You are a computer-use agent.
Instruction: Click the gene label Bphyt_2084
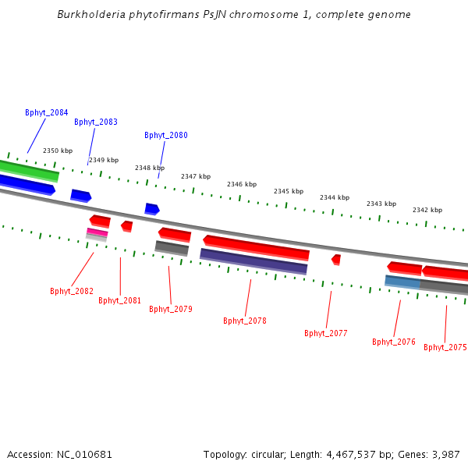pyautogui.click(x=46, y=112)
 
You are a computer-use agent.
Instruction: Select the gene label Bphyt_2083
pyautogui.click(x=96, y=122)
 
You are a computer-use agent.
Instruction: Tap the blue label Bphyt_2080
pyautogui.click(x=166, y=135)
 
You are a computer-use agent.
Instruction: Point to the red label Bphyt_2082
pyautogui.click(x=72, y=291)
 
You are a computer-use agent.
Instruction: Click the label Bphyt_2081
pyautogui.click(x=119, y=300)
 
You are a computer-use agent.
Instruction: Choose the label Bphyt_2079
pyautogui.click(x=171, y=309)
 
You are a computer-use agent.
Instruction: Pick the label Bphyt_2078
pyautogui.click(x=245, y=321)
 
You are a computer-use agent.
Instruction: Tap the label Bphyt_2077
pyautogui.click(x=326, y=333)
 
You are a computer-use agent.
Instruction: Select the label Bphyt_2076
pyautogui.click(x=394, y=342)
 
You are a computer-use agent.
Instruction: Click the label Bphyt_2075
pyautogui.click(x=445, y=347)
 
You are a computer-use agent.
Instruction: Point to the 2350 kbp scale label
pyautogui.click(x=58, y=151)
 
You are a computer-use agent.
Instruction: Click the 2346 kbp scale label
pyautogui.click(x=242, y=184)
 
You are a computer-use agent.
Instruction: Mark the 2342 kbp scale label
pyautogui.click(x=427, y=210)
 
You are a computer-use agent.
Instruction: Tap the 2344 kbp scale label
pyautogui.click(x=335, y=197)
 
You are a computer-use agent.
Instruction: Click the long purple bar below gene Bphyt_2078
pyautogui.click(x=253, y=261)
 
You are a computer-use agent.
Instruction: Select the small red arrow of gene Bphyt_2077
pyautogui.click(x=336, y=259)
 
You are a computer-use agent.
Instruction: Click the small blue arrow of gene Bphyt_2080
pyautogui.click(x=151, y=208)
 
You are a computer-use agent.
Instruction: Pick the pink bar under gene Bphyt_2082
pyautogui.click(x=97, y=232)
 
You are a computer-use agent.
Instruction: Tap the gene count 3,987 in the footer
pyautogui.click(x=444, y=454)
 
